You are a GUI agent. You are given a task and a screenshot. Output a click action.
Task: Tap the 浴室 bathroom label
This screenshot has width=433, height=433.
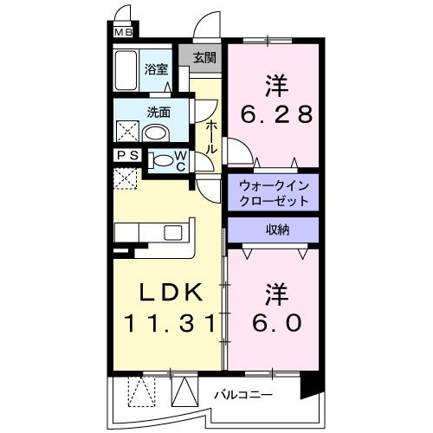click(x=156, y=69)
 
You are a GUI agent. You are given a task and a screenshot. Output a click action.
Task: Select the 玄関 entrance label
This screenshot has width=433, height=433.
click(x=205, y=58)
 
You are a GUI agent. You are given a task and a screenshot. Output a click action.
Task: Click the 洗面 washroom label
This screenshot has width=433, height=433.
click(x=158, y=112)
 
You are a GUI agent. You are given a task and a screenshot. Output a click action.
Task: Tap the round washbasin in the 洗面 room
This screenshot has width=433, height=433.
click(x=155, y=133)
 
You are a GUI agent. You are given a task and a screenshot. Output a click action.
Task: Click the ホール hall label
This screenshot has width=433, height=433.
click(x=211, y=137)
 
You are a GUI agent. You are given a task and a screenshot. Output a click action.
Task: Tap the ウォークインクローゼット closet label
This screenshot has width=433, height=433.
click(x=273, y=193)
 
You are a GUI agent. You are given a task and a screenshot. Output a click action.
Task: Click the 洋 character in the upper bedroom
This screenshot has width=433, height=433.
click(x=275, y=85)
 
